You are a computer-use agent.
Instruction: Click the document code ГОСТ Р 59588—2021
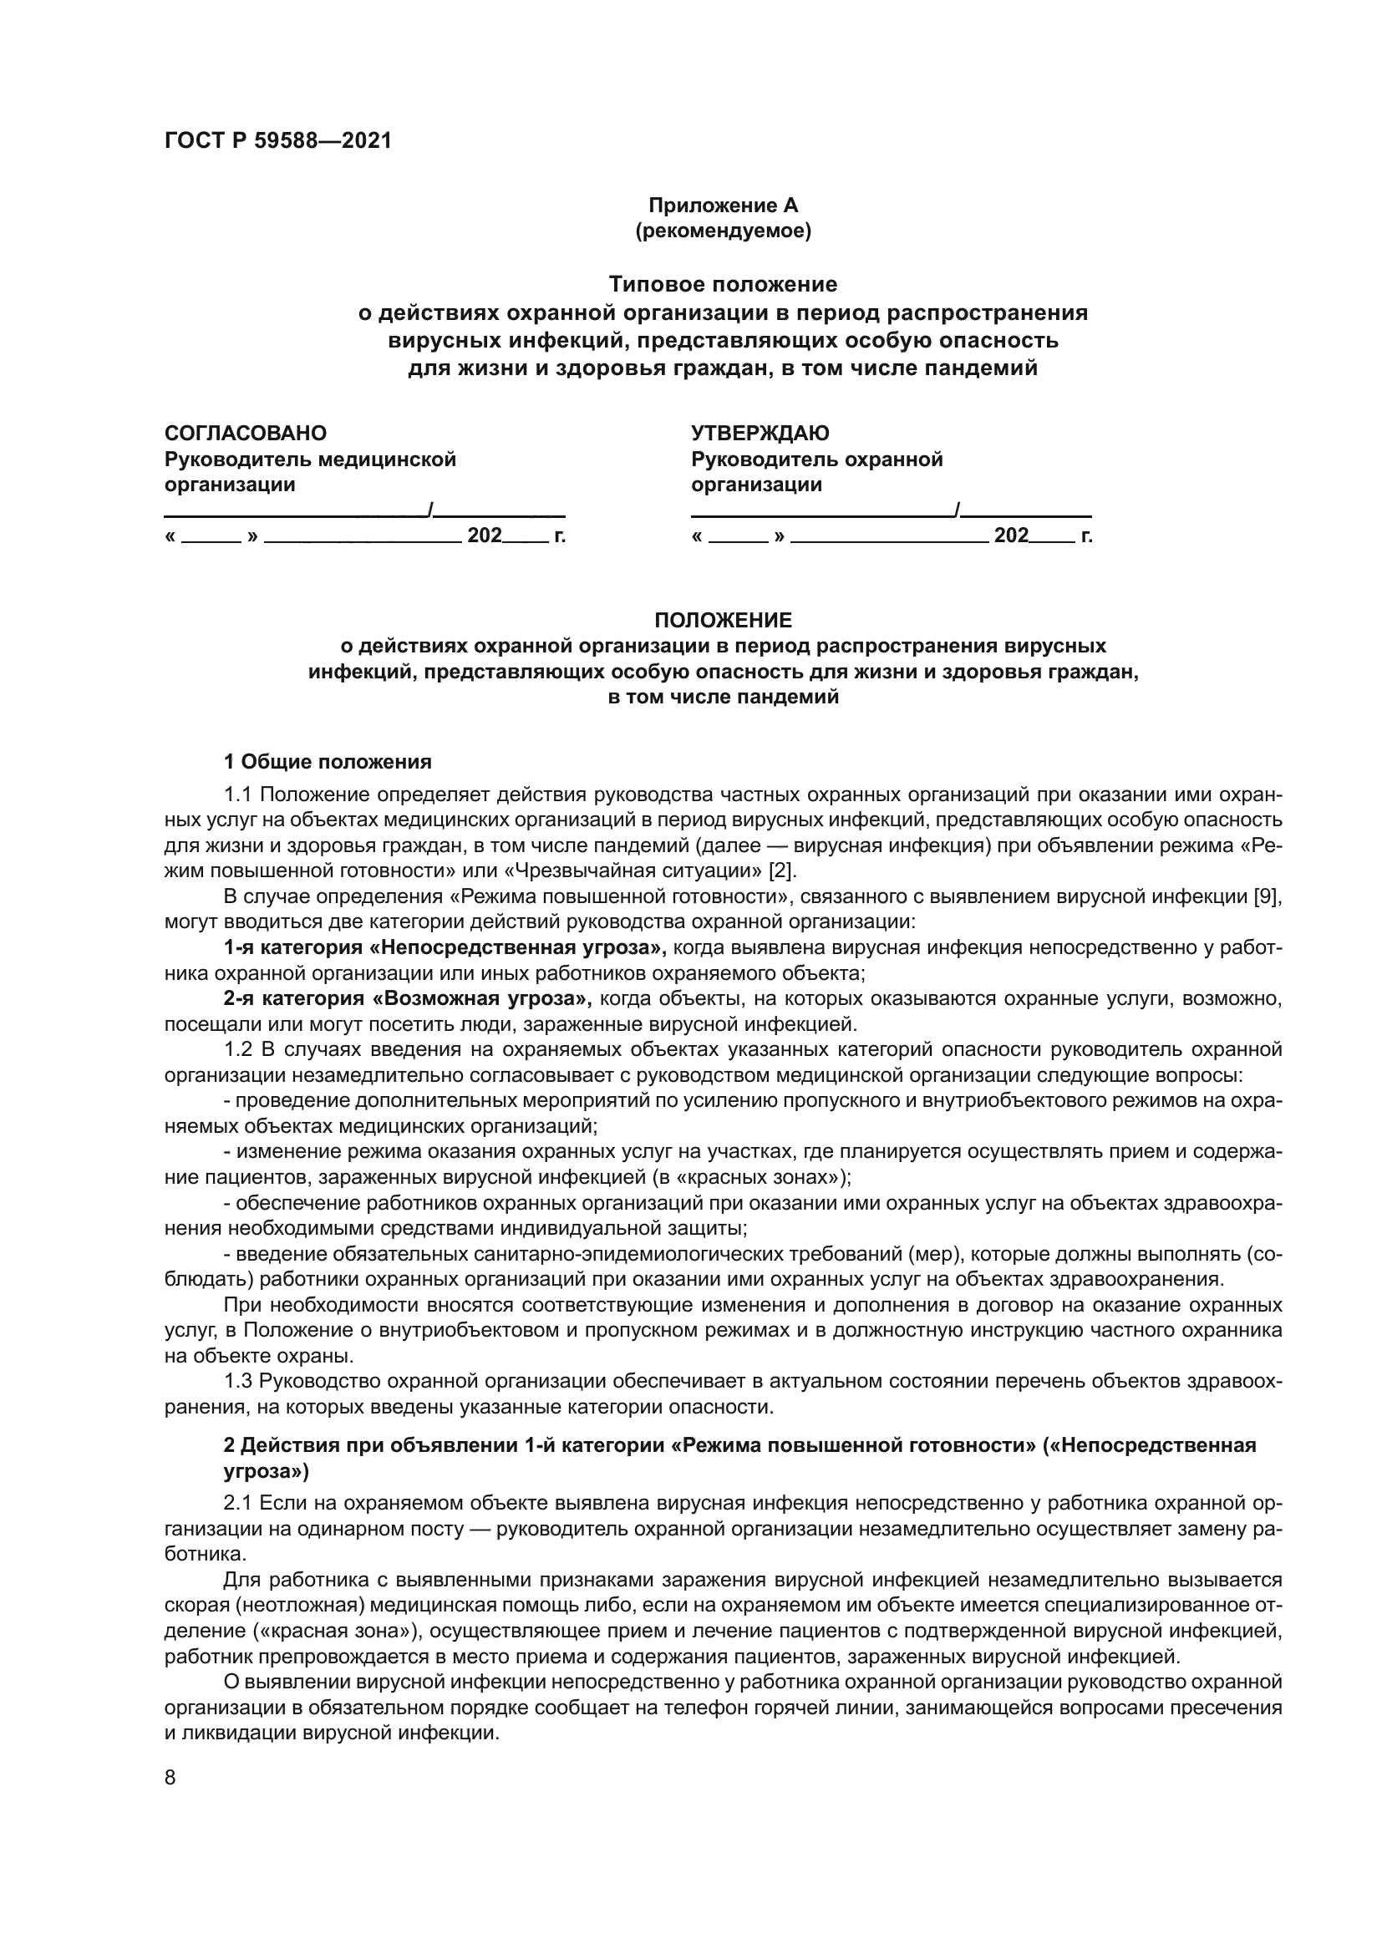tap(278, 141)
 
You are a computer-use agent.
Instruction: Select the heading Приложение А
tap(724, 206)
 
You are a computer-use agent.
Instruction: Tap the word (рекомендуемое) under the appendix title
tap(724, 231)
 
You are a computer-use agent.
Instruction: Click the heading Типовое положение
tap(724, 283)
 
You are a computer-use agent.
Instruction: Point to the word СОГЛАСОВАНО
tap(245, 434)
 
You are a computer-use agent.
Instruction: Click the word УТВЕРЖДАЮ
tap(760, 434)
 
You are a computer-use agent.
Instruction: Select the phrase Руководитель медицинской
tap(310, 459)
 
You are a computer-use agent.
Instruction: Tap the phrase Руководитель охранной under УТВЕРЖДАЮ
tap(817, 459)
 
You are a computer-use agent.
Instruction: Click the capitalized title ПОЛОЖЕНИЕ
tap(724, 620)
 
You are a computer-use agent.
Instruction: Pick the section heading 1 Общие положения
tap(328, 762)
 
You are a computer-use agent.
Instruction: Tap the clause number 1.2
tap(238, 1049)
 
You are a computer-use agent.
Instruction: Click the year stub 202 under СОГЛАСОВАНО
tap(485, 536)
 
